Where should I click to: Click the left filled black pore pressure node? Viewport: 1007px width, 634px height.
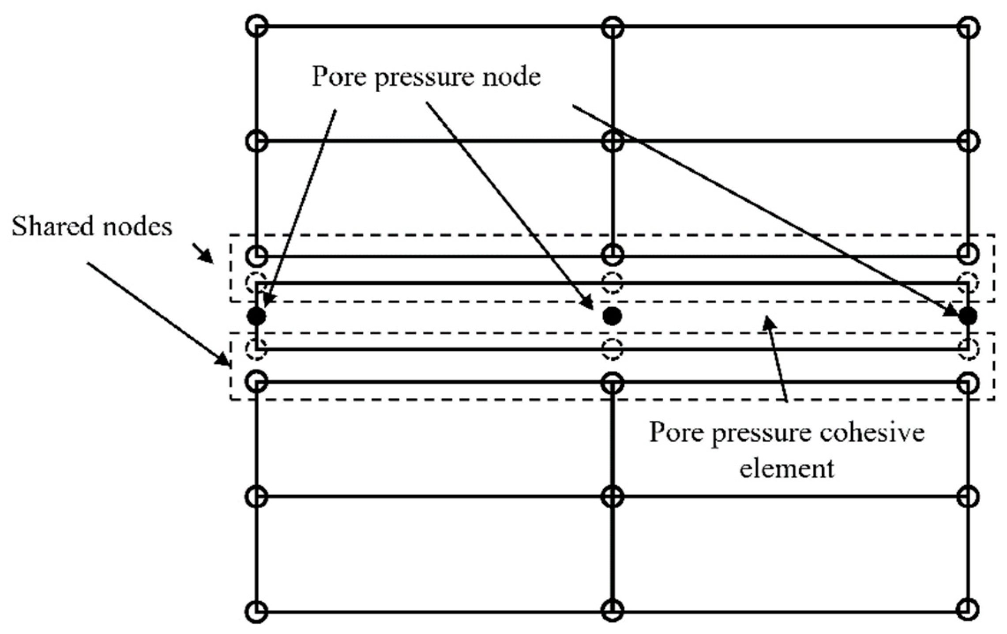coord(256,316)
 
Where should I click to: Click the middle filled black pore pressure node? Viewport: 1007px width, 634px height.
coord(612,316)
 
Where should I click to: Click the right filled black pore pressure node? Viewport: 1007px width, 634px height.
coord(968,316)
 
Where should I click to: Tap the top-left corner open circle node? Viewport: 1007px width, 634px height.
coord(256,26)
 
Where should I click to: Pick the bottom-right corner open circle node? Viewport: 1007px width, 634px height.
coord(968,609)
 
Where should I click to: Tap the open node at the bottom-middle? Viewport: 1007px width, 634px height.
coord(612,610)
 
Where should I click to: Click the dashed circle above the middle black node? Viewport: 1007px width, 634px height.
coord(612,283)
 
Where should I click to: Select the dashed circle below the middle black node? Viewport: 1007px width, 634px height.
coord(612,349)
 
